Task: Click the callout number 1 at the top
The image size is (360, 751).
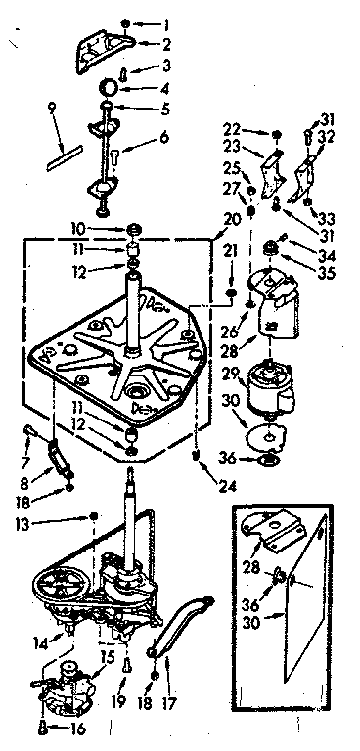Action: (165, 22)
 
